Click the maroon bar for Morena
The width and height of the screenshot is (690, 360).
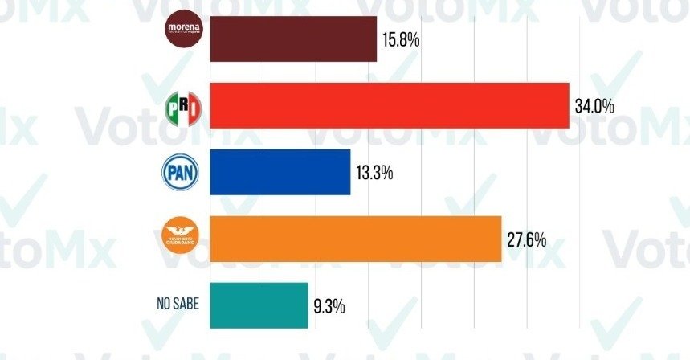click(x=293, y=39)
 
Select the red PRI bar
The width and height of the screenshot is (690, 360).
click(x=389, y=105)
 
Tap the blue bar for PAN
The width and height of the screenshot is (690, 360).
click(x=280, y=172)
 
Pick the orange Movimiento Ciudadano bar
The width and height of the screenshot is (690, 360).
click(x=355, y=239)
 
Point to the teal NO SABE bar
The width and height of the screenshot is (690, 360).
click(x=259, y=305)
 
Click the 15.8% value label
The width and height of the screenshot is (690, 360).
click(x=402, y=39)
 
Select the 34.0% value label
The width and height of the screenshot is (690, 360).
click(x=595, y=105)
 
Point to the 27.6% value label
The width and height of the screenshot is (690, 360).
click(x=527, y=239)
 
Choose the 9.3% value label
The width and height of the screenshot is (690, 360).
click(x=330, y=305)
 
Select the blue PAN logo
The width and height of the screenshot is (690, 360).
click(x=182, y=171)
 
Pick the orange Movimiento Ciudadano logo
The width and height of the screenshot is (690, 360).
click(x=182, y=236)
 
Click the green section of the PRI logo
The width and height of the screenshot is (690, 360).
click(x=171, y=108)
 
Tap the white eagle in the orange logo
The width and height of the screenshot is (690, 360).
click(x=182, y=231)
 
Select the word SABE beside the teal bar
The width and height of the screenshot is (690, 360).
click(x=186, y=304)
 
